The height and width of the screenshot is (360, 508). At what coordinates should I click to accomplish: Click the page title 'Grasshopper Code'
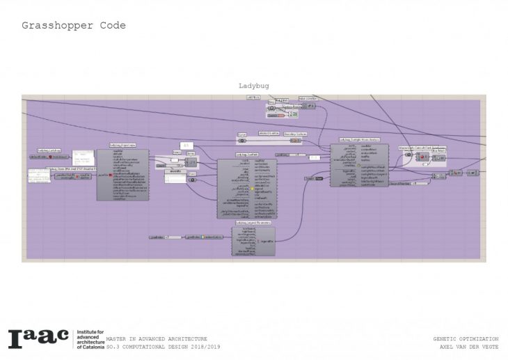coord(73,26)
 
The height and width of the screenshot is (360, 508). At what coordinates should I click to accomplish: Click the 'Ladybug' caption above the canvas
coord(253,86)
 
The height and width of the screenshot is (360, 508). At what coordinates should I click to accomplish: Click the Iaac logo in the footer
coord(38,338)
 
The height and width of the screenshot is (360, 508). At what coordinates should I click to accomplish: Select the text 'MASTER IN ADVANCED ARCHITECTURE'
coord(157,338)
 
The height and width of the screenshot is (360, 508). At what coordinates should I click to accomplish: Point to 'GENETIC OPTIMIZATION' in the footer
coord(466,338)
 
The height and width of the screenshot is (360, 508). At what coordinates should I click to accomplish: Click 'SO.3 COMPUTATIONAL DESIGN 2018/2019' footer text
coord(163,346)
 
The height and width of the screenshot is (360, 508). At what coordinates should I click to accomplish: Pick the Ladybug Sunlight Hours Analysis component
coord(358,168)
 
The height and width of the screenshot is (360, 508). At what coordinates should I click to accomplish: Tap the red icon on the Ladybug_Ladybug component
coord(49,157)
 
